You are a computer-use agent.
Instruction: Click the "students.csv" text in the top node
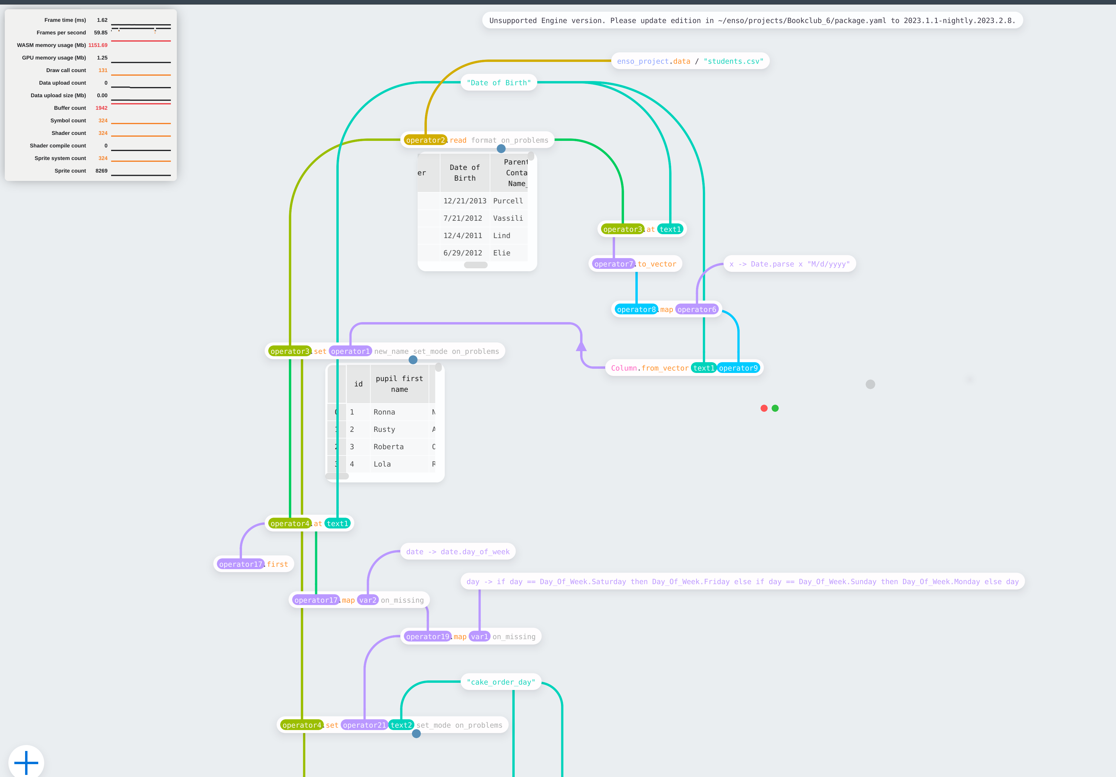pyautogui.click(x=733, y=61)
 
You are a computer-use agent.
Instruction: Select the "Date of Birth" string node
pyautogui.click(x=498, y=83)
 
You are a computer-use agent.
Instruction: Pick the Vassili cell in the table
pyautogui.click(x=508, y=218)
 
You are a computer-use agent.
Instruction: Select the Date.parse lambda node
pyautogui.click(x=790, y=264)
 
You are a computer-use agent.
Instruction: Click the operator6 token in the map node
pyautogui.click(x=697, y=310)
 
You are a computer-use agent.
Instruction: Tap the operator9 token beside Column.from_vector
pyautogui.click(x=738, y=368)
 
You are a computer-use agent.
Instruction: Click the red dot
pyautogui.click(x=764, y=408)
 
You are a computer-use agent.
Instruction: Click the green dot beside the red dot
pyautogui.click(x=775, y=408)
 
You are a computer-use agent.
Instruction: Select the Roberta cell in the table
pyautogui.click(x=388, y=447)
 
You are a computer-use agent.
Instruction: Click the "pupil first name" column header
pyautogui.click(x=399, y=384)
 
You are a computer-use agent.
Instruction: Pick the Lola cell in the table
pyautogui.click(x=382, y=464)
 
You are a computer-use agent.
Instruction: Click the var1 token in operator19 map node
pyautogui.click(x=479, y=637)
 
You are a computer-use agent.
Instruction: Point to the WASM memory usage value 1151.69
pyautogui.click(x=98, y=45)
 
